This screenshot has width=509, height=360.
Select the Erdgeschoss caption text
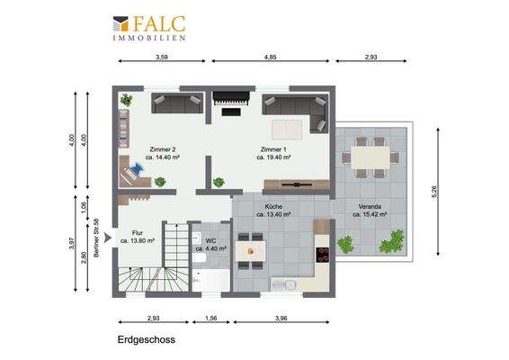145,341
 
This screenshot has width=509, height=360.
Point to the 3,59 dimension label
162,57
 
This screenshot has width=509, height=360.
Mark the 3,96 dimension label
281,318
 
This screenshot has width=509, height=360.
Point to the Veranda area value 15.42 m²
369,215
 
